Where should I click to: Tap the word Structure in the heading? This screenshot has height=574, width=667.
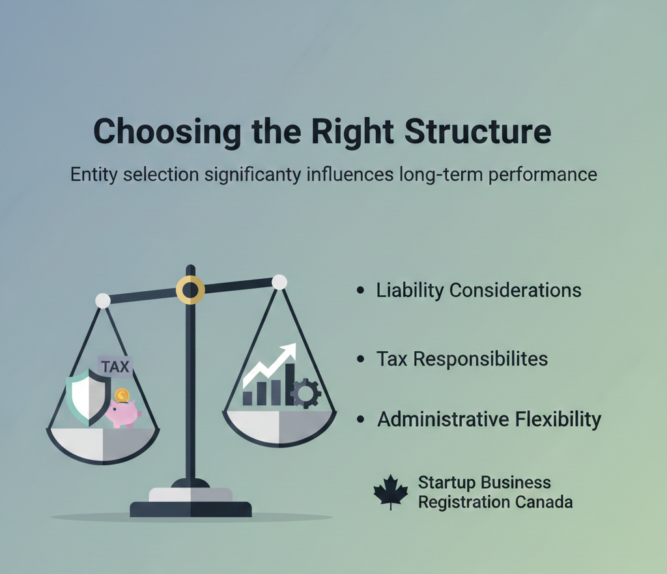click(477, 132)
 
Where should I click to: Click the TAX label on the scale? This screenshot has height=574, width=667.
click(115, 367)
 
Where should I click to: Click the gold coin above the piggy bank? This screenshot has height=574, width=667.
click(121, 395)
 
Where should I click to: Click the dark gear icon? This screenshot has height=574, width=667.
click(305, 394)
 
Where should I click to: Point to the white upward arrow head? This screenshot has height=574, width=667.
click(287, 351)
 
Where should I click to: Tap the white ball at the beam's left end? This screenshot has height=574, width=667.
click(102, 300)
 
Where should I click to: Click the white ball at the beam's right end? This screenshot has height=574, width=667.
click(279, 281)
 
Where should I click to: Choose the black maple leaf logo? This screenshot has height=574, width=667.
click(390, 493)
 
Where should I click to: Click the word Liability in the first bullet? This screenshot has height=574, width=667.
click(408, 290)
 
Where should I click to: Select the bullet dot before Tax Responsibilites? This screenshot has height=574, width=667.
click(360, 359)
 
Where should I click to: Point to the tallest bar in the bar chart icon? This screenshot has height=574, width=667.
click(289, 384)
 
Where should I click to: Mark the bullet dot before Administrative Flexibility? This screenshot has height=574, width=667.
click(360, 420)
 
